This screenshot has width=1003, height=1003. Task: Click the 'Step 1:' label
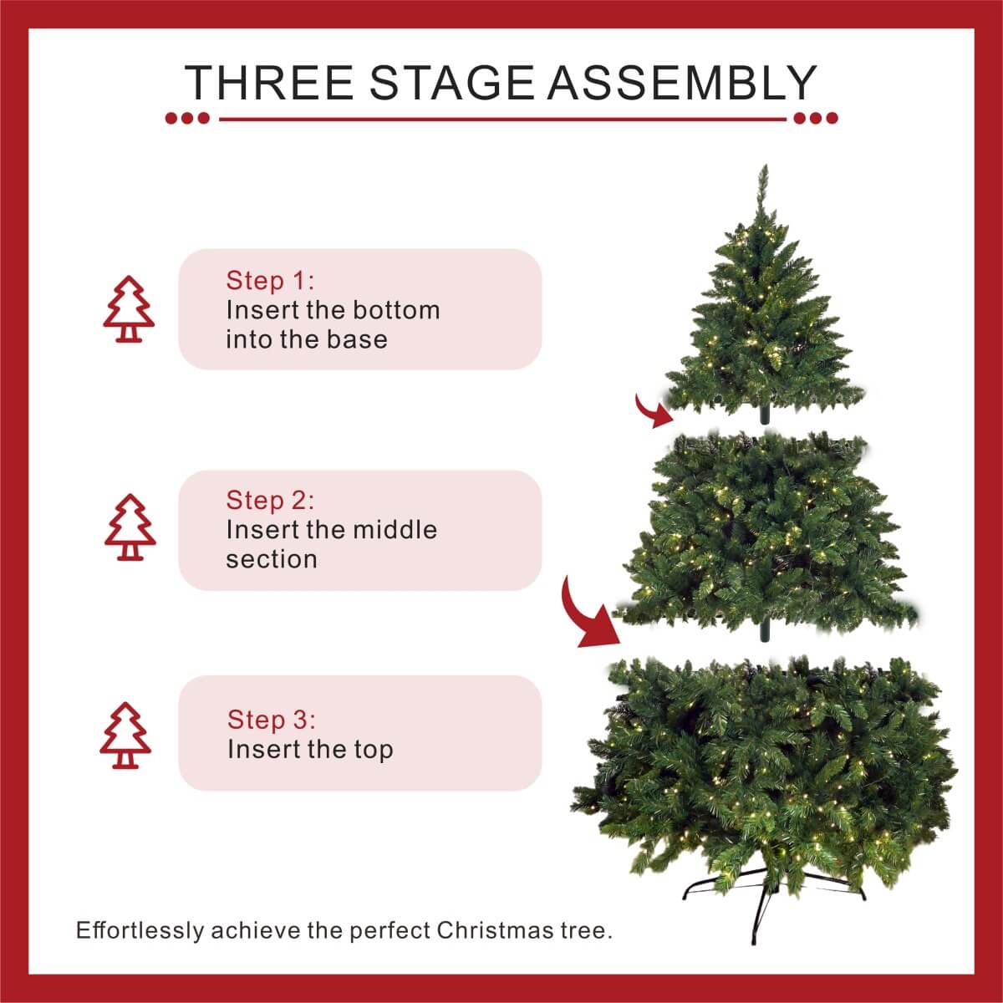click(x=270, y=280)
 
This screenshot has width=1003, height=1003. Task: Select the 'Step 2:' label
click(x=270, y=500)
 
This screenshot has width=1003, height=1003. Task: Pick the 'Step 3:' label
click(x=272, y=719)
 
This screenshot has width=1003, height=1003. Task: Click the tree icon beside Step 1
click(x=129, y=309)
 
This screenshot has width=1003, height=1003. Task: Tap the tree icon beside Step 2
click(x=130, y=527)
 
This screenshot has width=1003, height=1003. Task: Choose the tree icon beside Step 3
click(x=125, y=736)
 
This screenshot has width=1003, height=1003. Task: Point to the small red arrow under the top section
click(x=654, y=410)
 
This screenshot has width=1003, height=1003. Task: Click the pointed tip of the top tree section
click(x=762, y=176)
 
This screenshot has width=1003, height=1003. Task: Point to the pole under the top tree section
click(x=763, y=415)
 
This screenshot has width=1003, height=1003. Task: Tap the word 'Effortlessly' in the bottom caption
click(x=140, y=930)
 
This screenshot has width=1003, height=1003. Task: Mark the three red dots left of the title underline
click(x=187, y=119)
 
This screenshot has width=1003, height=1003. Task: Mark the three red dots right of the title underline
click(x=816, y=119)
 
